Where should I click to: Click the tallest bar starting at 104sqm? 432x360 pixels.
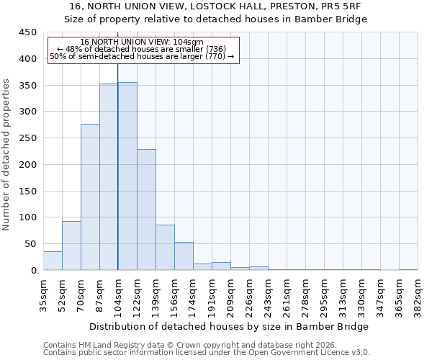coord(127,176)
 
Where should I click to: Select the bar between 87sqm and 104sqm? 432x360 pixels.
coord(109,177)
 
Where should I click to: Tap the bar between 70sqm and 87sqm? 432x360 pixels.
coord(90,197)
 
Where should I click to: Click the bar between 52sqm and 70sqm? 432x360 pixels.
coord(71,246)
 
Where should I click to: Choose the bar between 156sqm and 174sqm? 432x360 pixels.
coord(184,256)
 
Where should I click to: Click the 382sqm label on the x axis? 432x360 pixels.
coord(418,294)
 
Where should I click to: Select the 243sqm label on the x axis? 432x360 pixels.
coord(269,294)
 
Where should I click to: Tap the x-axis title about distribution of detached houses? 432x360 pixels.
coord(228,326)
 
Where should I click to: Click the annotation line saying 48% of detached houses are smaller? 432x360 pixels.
coord(142,49)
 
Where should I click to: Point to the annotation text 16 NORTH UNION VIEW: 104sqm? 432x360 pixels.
coord(142,42)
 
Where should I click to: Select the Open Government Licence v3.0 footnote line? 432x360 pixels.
coord(207,352)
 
